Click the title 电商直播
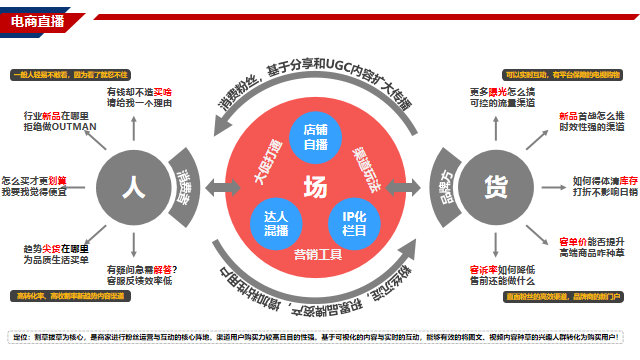pos(38,21)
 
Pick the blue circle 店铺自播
pos(316,137)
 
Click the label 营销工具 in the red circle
pos(316,255)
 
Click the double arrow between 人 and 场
pos(214,186)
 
